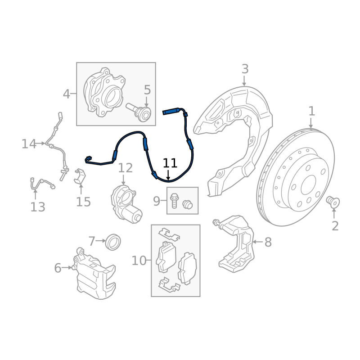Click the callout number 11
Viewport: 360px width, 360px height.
pyautogui.click(x=170, y=163)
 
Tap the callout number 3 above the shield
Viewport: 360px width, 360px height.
pyautogui.click(x=245, y=69)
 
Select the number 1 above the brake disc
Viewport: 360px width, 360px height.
pyautogui.click(x=311, y=111)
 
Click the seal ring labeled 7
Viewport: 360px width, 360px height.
pyautogui.click(x=113, y=242)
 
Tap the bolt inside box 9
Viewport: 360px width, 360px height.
pyautogui.click(x=174, y=201)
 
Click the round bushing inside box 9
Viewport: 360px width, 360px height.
pyautogui.click(x=187, y=204)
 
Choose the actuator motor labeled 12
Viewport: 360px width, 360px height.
pyautogui.click(x=126, y=204)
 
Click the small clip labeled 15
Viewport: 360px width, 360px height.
pyautogui.click(x=80, y=176)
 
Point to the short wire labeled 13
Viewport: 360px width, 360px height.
pyautogui.click(x=42, y=183)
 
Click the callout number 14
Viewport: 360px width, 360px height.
pyautogui.click(x=29, y=144)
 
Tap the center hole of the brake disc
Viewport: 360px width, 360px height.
pyautogui.click(x=309, y=185)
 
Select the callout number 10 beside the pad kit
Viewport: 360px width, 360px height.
pyautogui.click(x=139, y=261)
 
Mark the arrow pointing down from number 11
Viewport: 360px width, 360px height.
pyautogui.click(x=168, y=175)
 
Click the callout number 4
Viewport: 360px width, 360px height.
pyautogui.click(x=66, y=94)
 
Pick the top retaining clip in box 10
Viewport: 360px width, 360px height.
pyautogui.click(x=169, y=234)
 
